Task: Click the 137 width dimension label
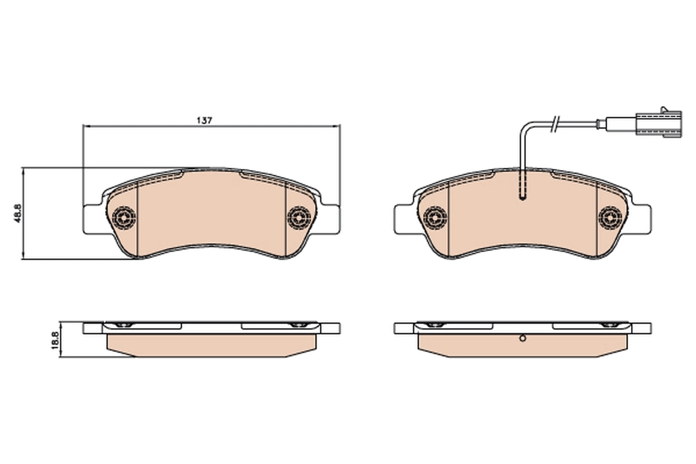coord(204,120)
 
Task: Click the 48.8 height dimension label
coord(17,213)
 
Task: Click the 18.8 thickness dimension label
coord(55,339)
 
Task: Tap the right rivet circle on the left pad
coord(299,217)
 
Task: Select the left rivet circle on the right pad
coord(435,217)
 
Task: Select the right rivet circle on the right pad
coord(610,217)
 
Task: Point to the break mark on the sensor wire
coord(556,122)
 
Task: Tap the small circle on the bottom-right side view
coord(522,339)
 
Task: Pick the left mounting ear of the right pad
coord(404,219)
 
